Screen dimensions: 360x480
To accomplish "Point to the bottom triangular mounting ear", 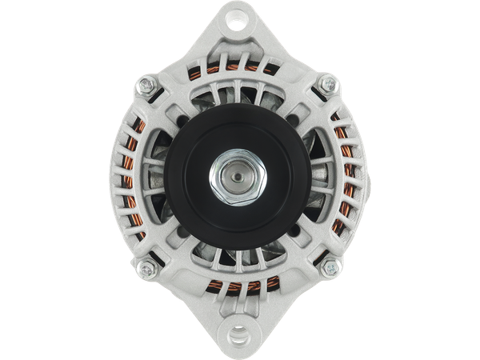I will pyautogui.click(x=240, y=330).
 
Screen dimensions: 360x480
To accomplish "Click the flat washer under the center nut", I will pyautogui.click(x=220, y=187).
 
